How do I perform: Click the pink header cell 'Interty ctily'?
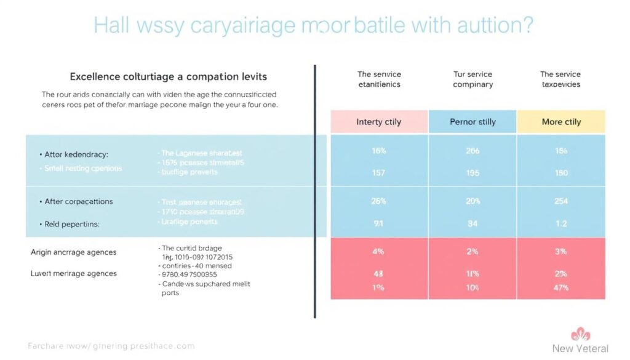[379, 122]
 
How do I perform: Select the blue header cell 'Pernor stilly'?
[472, 122]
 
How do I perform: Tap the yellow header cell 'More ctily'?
[561, 122]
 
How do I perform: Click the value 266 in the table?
[472, 151]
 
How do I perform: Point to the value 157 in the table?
[378, 173]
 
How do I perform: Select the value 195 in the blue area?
[472, 173]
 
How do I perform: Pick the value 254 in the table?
[561, 201]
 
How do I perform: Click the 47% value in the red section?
[560, 287]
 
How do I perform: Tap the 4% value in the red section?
[379, 252]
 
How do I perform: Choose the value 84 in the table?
[472, 224]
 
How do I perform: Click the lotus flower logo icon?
[581, 335]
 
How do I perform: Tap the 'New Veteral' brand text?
[580, 349]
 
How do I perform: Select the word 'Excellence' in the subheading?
[95, 77]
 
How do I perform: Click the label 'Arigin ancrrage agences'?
[73, 252]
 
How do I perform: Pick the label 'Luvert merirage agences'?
[73, 273]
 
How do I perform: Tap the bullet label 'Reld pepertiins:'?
[72, 225]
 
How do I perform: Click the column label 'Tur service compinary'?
[472, 79]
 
